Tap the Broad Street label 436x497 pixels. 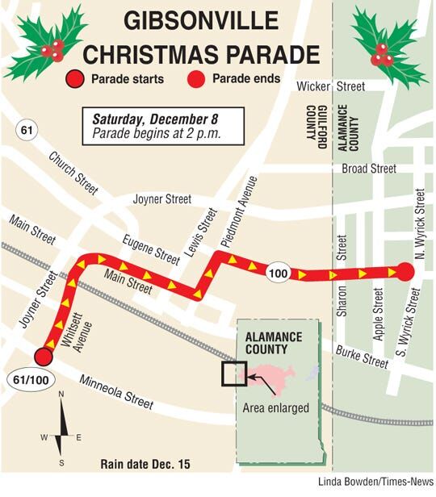pos(368,169)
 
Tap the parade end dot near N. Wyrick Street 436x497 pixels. pos(406,274)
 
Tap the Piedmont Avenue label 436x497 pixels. pos(241,214)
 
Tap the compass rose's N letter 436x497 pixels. pos(61,395)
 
